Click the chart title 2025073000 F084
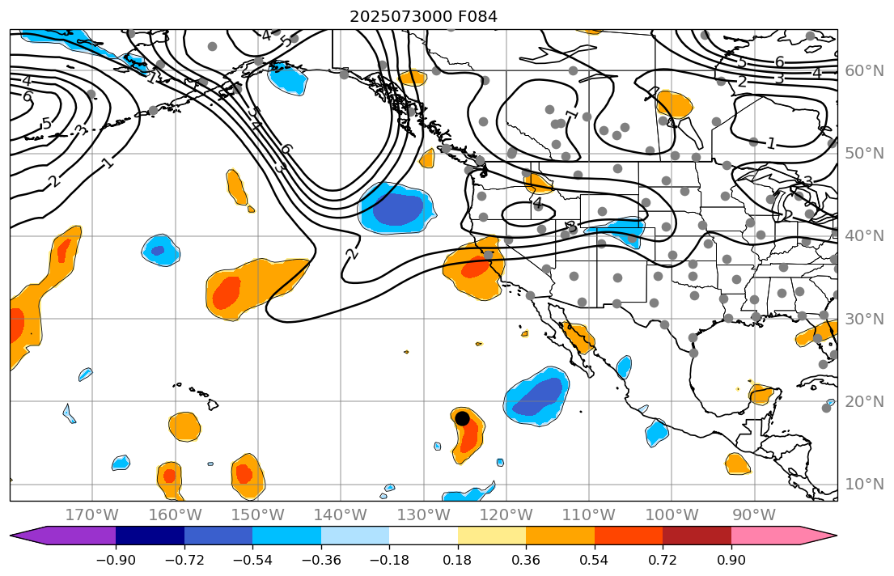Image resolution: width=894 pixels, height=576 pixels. coord(423,16)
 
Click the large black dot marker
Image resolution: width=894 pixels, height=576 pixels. coord(462,418)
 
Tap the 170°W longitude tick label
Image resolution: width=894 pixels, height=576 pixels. coord(91,515)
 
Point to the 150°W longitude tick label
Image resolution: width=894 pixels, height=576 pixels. coord(257,515)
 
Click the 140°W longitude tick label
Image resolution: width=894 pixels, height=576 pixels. coord(340,515)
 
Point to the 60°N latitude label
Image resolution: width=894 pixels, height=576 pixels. coord(864,71)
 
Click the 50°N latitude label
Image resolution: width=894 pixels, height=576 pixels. coord(864,154)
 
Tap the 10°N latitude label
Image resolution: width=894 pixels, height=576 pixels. coord(864,485)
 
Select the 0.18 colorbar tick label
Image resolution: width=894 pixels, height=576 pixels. coord(457,561)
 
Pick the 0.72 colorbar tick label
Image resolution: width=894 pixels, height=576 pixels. coord(663,561)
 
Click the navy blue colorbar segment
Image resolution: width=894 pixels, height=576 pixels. coord(150,536)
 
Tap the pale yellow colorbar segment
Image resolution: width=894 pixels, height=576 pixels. coord(491,536)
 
